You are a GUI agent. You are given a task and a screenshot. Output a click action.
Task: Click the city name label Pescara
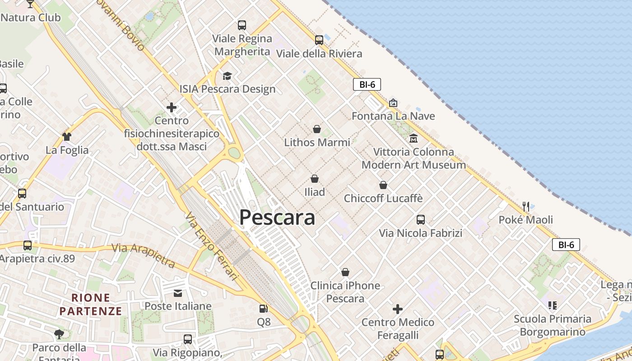point(277,218)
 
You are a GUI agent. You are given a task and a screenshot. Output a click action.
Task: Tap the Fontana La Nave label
point(393,116)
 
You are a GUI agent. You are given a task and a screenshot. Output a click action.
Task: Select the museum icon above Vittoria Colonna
point(413,138)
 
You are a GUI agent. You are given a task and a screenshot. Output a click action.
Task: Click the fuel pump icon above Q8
point(263,309)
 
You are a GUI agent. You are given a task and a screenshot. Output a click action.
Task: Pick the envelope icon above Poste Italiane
point(178,293)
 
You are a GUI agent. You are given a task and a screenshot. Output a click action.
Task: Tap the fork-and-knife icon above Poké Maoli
point(525,207)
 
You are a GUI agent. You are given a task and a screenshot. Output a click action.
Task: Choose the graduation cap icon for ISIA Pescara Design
point(227,76)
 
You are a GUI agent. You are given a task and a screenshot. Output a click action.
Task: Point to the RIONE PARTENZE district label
point(91,304)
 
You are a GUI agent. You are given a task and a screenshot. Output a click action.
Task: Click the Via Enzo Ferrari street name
point(211,246)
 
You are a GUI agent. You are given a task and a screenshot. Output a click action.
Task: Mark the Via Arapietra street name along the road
point(143,255)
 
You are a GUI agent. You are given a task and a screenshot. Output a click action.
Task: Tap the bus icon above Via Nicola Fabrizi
point(421,220)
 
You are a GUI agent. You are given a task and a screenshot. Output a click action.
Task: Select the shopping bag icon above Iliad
point(315,179)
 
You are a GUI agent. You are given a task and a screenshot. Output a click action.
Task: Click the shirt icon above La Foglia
point(67,136)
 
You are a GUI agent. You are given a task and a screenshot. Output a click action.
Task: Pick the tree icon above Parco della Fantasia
point(59,334)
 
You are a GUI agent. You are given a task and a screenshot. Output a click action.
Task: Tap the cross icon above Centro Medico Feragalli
point(398,309)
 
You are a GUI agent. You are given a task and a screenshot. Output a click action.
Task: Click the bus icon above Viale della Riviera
point(319,40)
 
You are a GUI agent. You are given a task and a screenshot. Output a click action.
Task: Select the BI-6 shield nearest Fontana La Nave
point(367,84)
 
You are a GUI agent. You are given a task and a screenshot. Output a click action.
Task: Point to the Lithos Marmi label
point(317,143)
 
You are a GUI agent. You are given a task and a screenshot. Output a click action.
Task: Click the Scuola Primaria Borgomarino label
point(552,325)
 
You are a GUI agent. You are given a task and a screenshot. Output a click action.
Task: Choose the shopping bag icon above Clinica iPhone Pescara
point(345,272)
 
